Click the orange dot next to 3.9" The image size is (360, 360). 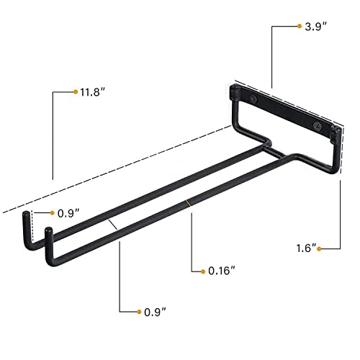(x=299, y=26)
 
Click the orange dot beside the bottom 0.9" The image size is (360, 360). (x=139, y=312)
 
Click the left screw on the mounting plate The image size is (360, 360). (x=252, y=99)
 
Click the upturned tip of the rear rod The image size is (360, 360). (x=25, y=217)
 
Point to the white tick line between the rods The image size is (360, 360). (x=113, y=225)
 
